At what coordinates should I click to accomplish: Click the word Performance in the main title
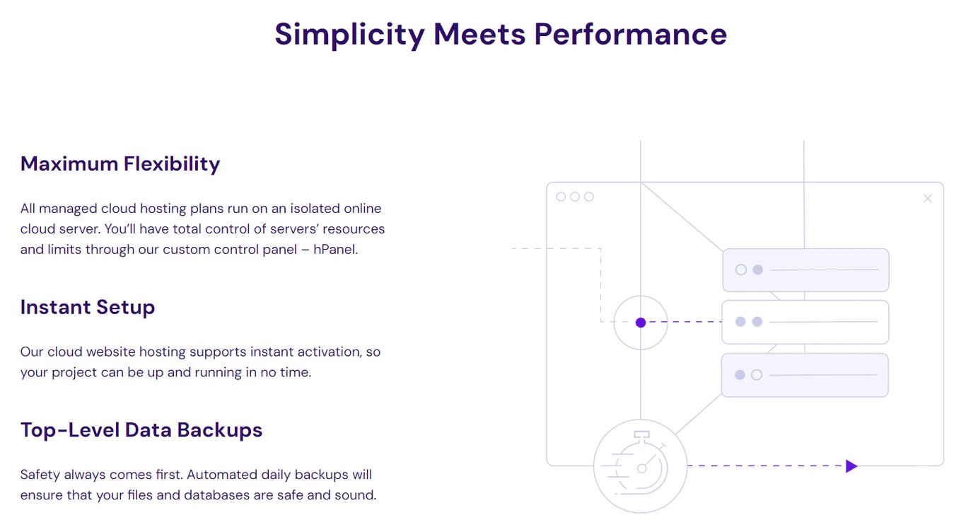click(630, 34)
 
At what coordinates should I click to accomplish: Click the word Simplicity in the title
click(349, 34)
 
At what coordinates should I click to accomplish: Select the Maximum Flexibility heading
click(120, 163)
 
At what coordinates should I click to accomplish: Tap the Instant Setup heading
click(88, 307)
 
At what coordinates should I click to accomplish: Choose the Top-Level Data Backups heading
click(141, 429)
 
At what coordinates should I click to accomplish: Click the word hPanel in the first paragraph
click(335, 250)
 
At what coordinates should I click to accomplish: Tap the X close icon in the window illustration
click(928, 199)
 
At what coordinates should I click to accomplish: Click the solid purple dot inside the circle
click(641, 323)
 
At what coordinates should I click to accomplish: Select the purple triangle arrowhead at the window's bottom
click(851, 466)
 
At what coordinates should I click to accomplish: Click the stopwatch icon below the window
click(640, 466)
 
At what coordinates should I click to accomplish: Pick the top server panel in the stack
click(805, 270)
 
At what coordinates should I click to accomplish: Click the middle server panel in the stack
click(805, 322)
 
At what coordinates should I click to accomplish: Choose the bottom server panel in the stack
click(805, 375)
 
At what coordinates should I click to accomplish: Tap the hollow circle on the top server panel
click(741, 270)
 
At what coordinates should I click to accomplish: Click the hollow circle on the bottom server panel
click(757, 375)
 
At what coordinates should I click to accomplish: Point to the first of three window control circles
click(561, 197)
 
